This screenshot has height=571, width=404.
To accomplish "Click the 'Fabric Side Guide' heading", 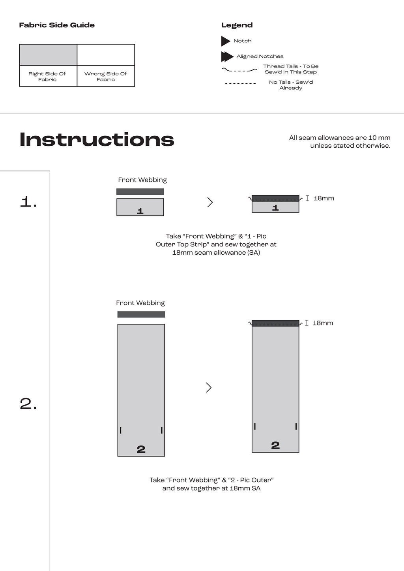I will click(57, 25).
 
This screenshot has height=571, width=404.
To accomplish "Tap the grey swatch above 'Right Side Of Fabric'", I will click(48, 55).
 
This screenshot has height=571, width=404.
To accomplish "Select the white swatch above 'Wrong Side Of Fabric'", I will click(106, 55).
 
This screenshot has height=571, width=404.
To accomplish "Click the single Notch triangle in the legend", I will click(225, 41).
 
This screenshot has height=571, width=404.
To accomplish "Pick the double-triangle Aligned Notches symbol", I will click(227, 56).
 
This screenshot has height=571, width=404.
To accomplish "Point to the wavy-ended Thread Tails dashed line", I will click(239, 70).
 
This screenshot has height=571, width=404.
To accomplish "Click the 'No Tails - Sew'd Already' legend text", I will click(291, 85).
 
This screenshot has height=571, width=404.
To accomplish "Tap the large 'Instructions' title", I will click(97, 140).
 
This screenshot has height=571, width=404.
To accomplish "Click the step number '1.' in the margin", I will click(28, 202).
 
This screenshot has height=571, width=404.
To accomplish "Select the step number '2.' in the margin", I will click(28, 404).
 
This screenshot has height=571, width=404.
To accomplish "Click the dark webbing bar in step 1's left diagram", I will click(140, 192).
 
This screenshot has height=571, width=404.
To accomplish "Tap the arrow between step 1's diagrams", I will click(210, 202).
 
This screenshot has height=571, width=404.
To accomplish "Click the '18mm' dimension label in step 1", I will click(324, 198).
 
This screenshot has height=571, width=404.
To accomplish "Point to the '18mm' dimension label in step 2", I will click(323, 323).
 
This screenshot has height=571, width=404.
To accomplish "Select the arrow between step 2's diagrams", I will click(209, 387).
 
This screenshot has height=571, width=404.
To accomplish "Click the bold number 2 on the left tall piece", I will click(141, 449).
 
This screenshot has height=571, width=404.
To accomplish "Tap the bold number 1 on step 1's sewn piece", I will click(275, 208).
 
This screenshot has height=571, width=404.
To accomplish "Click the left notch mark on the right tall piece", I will click(255, 426).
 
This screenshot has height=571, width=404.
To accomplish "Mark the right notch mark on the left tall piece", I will click(162, 430).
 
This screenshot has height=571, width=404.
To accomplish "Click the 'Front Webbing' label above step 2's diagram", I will click(140, 303).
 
